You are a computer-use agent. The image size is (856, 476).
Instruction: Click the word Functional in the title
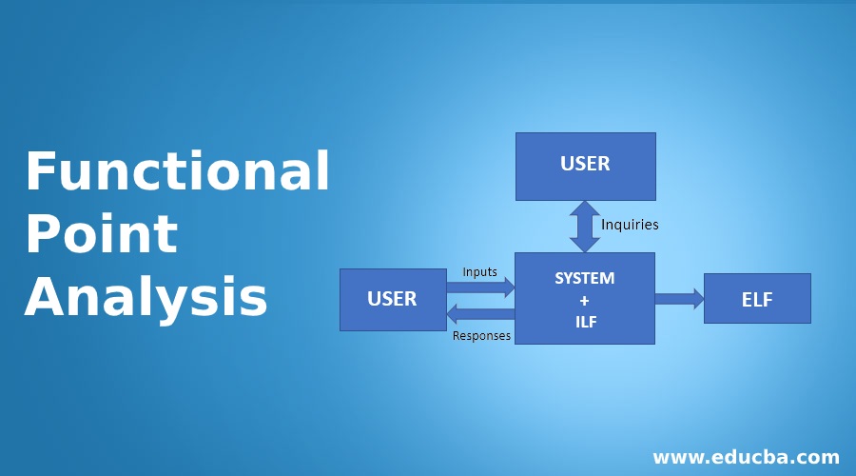(x=177, y=172)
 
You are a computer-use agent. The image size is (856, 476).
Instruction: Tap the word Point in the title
(x=101, y=234)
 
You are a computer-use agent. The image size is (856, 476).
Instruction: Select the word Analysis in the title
(x=146, y=296)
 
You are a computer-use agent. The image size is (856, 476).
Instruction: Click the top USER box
(x=585, y=166)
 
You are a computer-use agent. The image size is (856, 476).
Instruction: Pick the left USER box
(x=393, y=299)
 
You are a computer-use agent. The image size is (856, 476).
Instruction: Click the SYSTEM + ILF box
(x=584, y=298)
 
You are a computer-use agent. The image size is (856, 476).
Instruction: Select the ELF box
(x=757, y=298)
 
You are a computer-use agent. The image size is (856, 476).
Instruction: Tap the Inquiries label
(x=630, y=226)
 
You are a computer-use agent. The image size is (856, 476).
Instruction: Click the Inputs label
(x=479, y=272)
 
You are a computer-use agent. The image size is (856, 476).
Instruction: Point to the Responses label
(x=481, y=336)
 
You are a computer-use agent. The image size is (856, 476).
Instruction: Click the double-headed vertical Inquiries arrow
(x=584, y=226)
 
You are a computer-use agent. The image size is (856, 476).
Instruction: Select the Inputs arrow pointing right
(x=480, y=287)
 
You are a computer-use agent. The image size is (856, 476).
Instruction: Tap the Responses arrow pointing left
(x=480, y=313)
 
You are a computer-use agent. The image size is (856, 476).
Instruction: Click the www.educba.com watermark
(x=745, y=456)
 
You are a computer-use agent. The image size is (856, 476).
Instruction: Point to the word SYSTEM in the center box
(x=584, y=279)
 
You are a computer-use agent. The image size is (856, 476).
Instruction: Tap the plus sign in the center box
(x=584, y=300)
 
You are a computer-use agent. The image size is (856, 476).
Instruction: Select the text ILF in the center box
(x=584, y=322)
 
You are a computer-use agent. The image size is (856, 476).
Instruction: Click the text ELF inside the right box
(x=757, y=300)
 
